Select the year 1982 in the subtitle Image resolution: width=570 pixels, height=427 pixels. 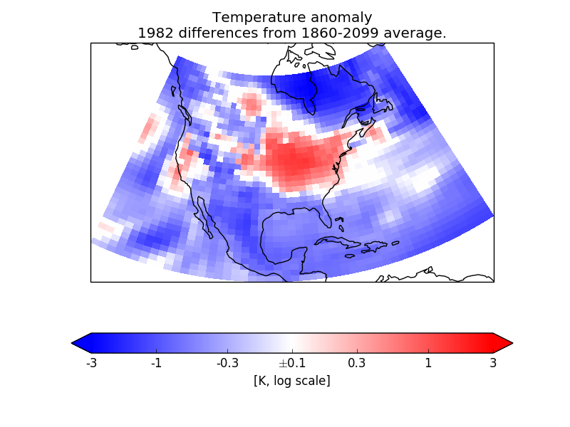coord(153,33)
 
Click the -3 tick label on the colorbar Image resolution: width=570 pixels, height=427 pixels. coord(91,363)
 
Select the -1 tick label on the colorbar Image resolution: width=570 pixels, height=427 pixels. coord(156,363)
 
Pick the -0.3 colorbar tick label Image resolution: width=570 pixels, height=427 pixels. coord(227,363)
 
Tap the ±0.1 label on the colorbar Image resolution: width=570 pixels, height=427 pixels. coord(292,363)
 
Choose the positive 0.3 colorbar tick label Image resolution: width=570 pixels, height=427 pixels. coord(357,363)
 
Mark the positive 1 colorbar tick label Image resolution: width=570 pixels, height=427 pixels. coord(428,363)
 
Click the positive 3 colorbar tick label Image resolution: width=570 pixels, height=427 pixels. coord(493,363)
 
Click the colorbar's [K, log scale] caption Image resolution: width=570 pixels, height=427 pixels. coord(292,381)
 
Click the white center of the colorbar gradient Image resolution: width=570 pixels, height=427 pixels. coord(292,343)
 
